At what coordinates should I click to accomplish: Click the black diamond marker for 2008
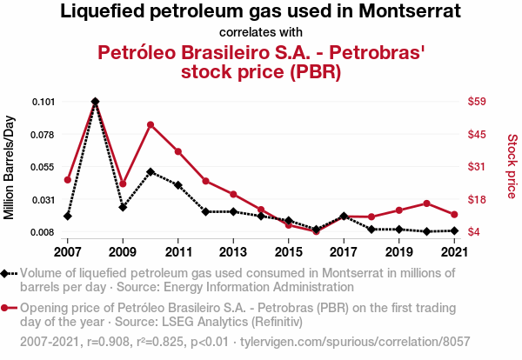95,102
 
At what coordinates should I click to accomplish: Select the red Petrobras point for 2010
151,124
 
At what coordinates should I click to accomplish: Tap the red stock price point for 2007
68,179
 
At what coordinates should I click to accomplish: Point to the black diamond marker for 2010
151,171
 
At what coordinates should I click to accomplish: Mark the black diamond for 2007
68,216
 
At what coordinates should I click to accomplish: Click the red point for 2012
205,181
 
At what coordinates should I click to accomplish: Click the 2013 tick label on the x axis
233,252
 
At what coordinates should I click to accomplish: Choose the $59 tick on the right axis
477,102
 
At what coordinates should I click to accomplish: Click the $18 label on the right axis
477,200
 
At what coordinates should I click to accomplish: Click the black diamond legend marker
9,274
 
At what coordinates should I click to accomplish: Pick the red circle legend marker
9,309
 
